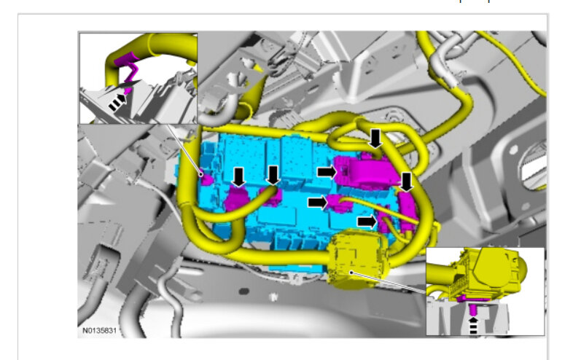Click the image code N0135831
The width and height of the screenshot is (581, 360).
pos(99,330)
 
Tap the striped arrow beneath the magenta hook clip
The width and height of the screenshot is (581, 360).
pos(117,102)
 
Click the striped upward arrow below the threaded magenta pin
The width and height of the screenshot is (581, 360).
pos(473,325)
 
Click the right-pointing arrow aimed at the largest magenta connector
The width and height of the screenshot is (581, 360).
pos(327,171)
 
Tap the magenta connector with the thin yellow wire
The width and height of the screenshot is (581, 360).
pos(335,203)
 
